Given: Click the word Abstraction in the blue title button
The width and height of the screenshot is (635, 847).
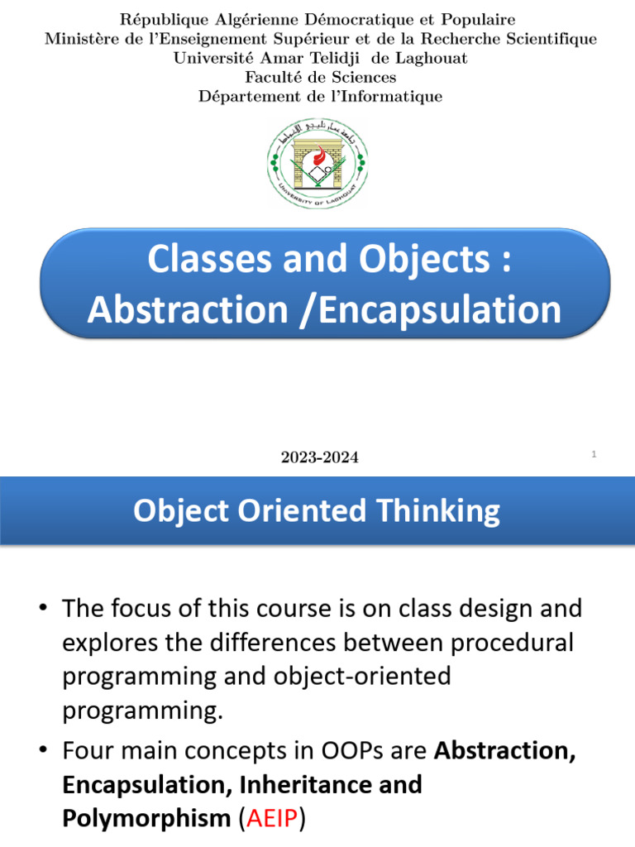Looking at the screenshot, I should (187, 309).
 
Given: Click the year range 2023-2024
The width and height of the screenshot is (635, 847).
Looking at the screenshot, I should (320, 457).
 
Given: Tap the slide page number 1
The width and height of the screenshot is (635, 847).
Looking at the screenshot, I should (594, 454).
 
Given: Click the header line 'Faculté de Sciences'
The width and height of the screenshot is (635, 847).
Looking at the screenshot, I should (320, 77).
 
